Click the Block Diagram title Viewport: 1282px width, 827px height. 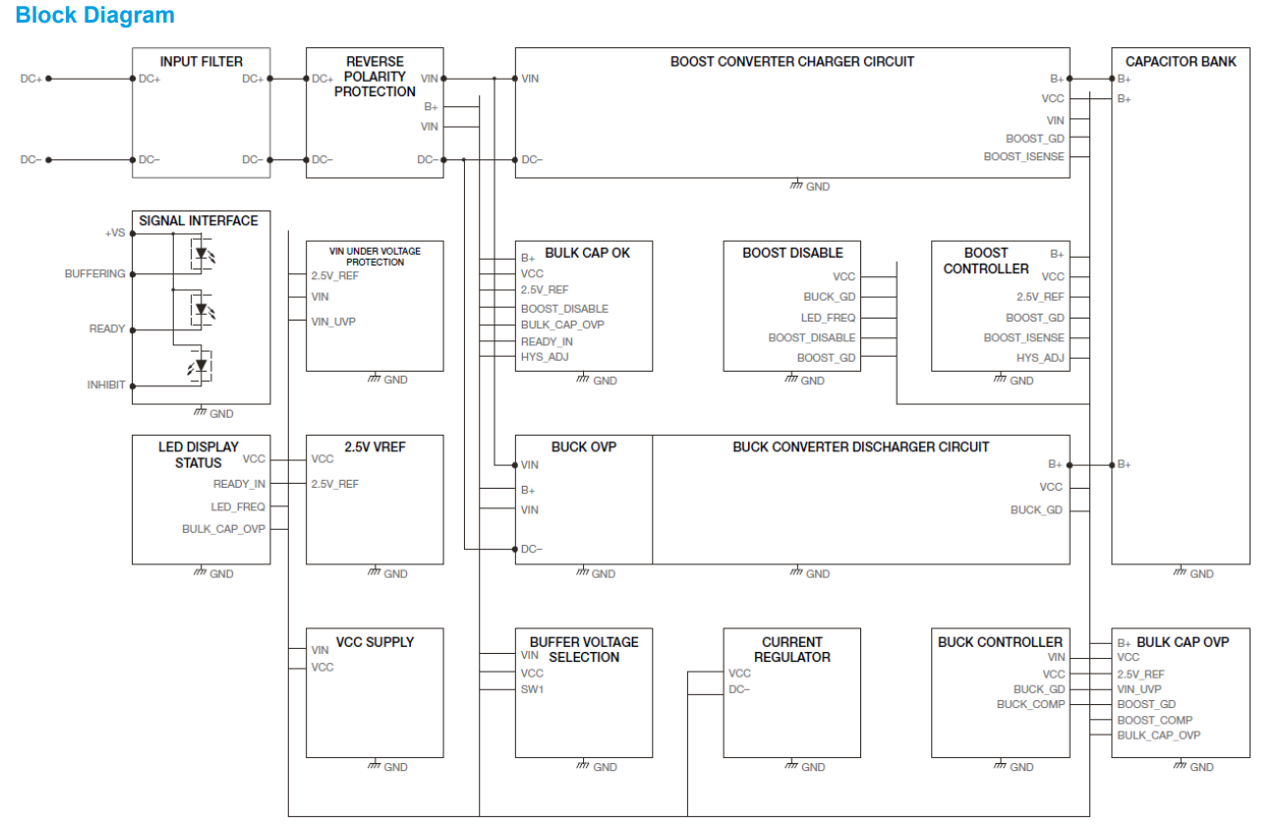pos(95,16)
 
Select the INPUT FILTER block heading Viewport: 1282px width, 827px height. pos(201,61)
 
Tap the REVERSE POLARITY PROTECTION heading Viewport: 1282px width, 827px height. pos(375,77)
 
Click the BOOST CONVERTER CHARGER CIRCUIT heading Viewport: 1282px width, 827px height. pos(791,61)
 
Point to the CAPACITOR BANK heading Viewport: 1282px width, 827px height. pos(1181,61)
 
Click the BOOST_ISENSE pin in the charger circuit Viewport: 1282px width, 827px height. pos(1023,157)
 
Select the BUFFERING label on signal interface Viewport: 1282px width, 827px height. pos(94,274)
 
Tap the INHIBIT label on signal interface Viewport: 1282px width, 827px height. pos(105,385)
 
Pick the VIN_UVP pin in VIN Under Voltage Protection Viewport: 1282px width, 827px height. pos(334,321)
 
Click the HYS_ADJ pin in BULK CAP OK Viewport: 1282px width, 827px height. pos(545,357)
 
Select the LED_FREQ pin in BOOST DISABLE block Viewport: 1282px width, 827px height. pos(828,318)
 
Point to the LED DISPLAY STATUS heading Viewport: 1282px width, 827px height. pos(198,454)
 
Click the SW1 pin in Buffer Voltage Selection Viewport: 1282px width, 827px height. pos(532,689)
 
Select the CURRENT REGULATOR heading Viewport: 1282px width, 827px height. pos(791,649)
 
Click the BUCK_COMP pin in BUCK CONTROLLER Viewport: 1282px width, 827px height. pos(1030,704)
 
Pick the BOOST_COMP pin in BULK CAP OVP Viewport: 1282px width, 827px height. pos(1154,720)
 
